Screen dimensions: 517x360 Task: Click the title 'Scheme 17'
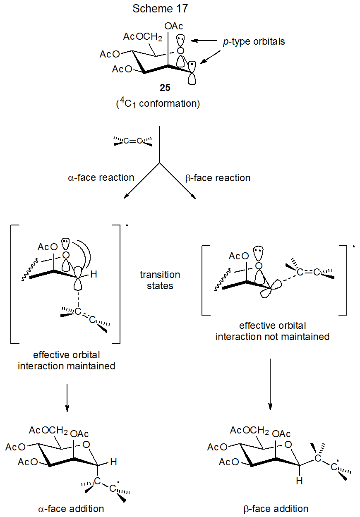click(160, 9)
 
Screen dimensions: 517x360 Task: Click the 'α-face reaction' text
click(101, 178)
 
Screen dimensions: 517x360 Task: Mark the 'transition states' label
click(160, 280)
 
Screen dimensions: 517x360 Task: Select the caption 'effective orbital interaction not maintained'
click(272, 331)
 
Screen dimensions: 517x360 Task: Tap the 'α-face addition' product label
click(71, 508)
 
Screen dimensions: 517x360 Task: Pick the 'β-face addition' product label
click(276, 508)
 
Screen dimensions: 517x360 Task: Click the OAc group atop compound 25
click(174, 26)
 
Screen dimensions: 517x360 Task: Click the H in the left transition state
click(94, 273)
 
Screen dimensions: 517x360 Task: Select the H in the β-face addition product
click(299, 481)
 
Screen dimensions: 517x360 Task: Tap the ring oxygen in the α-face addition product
click(86, 445)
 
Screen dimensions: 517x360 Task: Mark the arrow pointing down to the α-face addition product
click(67, 397)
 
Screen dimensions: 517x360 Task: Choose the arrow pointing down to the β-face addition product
click(270, 384)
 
